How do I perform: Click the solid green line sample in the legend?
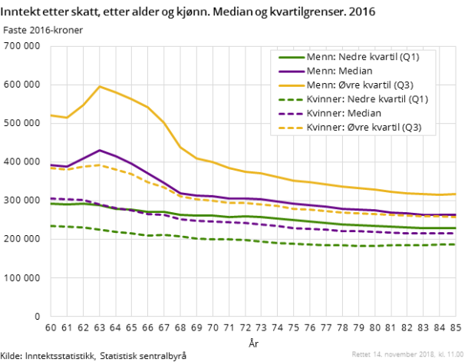coord(290,57)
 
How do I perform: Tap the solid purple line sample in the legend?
coord(290,71)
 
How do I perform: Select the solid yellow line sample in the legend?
coord(290,85)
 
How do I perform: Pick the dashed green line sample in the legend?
coord(290,99)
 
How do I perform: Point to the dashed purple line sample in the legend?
coord(290,113)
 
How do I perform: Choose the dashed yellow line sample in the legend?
coord(290,128)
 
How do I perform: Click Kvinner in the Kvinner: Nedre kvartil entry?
coord(321,99)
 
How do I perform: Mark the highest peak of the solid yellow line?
coord(99,86)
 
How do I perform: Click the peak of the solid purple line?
coord(99,150)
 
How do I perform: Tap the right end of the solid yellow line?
coord(456,194)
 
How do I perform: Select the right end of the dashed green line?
coord(456,244)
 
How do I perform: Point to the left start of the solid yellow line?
coord(51,115)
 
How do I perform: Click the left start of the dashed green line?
coord(51,226)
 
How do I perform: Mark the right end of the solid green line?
coord(456,228)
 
